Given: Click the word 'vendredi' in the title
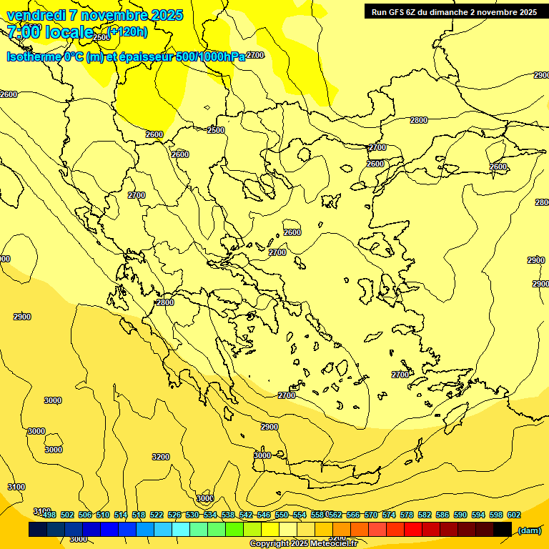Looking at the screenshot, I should point(36,15).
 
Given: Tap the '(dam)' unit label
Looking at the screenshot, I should point(529,530).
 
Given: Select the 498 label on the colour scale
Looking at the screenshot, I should point(49,515).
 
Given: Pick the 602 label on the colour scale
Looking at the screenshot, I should point(513,515).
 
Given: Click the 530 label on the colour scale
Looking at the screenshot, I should point(192,515).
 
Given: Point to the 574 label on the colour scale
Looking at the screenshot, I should point(388,515).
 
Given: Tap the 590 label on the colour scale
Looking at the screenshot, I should point(460,515).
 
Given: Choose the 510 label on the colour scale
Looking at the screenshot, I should point(103,515).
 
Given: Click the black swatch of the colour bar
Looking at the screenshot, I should point(503,529).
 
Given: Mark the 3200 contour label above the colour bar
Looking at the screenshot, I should point(161,457).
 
